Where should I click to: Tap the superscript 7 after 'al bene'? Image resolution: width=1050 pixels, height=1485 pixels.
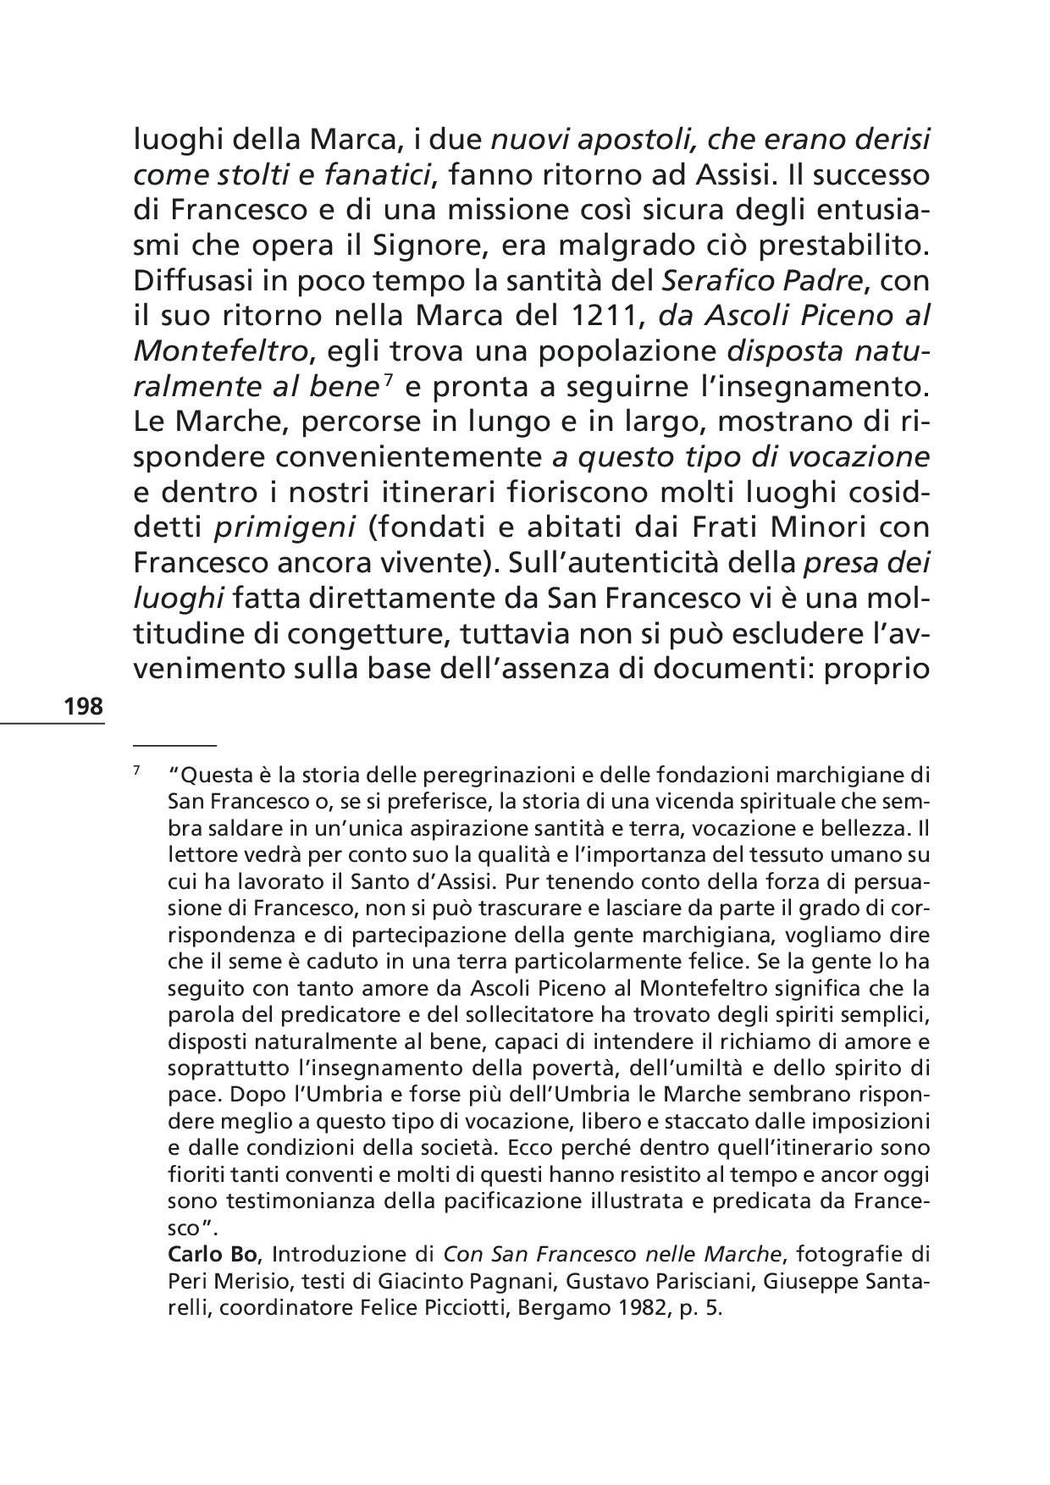(387, 380)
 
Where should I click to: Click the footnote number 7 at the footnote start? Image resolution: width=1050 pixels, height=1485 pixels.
(136, 771)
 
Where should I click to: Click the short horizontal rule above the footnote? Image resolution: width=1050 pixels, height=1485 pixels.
(175, 742)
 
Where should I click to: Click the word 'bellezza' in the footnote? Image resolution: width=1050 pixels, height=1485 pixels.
(868, 826)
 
